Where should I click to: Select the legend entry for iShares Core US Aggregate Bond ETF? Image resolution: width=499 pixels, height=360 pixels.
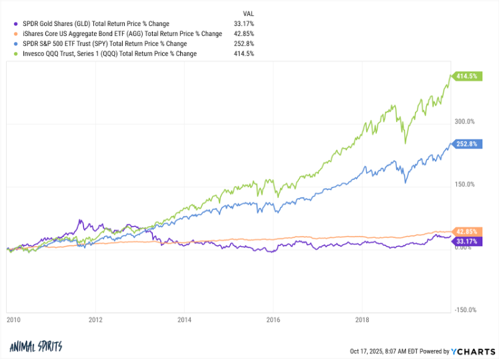click(x=117, y=33)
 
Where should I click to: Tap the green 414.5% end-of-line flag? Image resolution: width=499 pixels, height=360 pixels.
click(x=466, y=76)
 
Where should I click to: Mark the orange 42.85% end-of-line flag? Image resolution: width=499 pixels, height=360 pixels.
click(x=466, y=231)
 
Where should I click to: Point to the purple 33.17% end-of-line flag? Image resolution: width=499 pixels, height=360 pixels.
click(x=466, y=240)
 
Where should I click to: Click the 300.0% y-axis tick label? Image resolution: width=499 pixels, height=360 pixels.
click(x=464, y=121)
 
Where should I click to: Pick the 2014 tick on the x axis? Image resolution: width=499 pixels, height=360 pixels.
click(x=185, y=320)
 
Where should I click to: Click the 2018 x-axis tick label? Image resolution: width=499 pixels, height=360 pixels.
click(x=362, y=320)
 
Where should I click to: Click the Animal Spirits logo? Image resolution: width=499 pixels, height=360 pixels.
click(x=37, y=347)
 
